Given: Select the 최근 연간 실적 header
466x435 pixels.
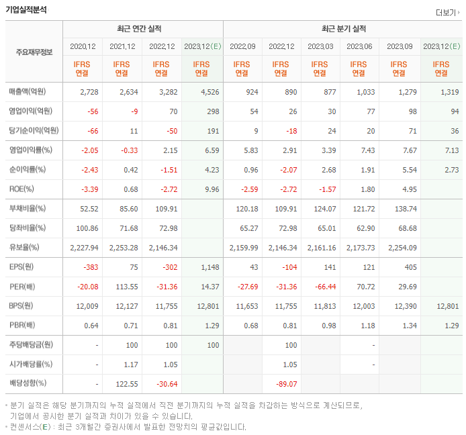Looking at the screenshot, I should point(142,29).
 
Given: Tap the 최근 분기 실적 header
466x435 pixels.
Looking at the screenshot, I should point(343,29).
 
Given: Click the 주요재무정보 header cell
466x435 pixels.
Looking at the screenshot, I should point(34,52).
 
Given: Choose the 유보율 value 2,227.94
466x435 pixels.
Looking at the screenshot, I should point(84,248).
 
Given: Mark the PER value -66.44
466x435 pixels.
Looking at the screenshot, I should point(324,287).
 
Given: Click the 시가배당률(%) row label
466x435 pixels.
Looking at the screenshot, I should point(31,365).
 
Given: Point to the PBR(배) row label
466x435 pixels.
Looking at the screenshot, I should point(24,326).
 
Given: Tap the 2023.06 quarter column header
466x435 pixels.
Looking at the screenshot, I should point(359,46).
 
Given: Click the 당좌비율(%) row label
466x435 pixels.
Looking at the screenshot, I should point(28,228).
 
